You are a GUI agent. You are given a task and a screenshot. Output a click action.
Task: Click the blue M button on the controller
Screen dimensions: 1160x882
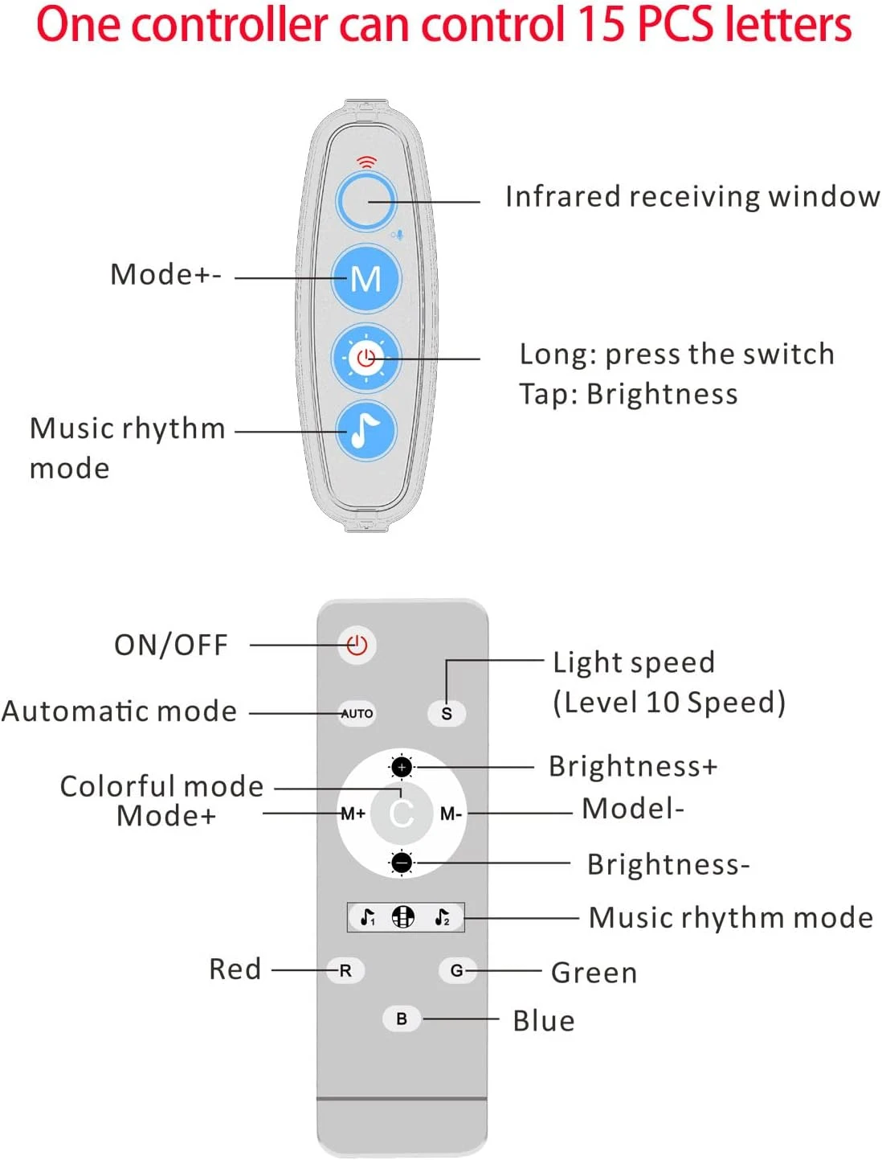366,279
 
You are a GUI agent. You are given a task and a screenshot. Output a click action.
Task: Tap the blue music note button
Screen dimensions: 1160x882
366,431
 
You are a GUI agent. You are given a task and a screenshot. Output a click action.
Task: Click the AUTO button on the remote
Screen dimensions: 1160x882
357,713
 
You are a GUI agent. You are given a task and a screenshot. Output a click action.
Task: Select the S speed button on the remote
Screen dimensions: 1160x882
447,713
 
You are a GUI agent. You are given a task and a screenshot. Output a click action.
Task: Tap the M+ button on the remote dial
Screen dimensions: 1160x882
353,814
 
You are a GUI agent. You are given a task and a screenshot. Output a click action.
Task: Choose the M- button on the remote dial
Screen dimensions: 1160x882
451,814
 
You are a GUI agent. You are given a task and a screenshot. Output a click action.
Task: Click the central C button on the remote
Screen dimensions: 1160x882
402,814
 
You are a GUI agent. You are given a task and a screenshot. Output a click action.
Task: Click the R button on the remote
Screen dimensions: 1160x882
345,970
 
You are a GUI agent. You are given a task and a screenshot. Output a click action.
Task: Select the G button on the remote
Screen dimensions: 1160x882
456,970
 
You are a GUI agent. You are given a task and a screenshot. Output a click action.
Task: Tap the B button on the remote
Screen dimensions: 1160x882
402,1019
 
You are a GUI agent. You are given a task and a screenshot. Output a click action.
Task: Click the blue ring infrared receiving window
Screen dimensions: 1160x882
366,201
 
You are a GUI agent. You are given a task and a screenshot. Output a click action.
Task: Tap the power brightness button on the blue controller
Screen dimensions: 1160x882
366,358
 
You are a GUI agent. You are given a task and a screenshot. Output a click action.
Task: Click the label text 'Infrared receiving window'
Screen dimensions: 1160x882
692,197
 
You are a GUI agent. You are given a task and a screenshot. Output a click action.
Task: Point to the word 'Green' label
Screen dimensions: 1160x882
594,973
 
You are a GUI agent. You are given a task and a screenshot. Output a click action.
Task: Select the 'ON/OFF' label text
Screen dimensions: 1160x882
171,645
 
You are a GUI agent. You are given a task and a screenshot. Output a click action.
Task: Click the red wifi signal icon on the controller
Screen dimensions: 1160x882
366,162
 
